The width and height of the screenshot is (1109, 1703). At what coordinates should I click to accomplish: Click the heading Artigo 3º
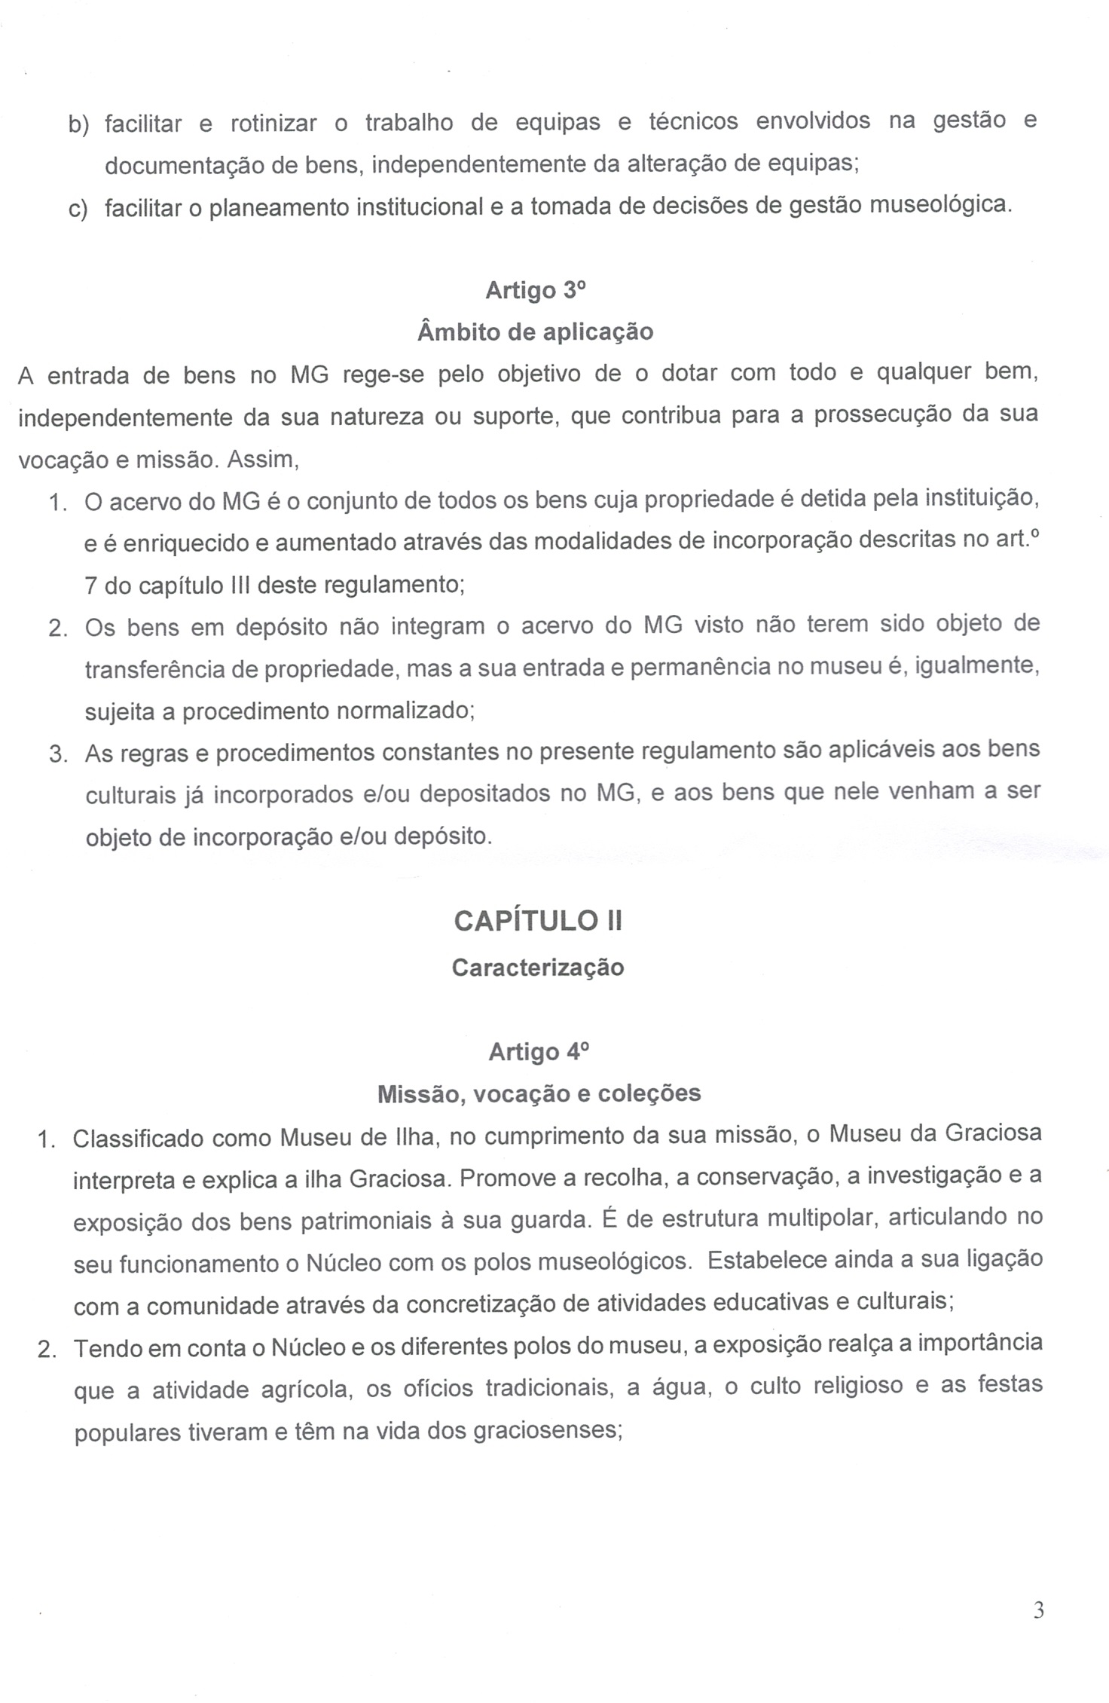534,290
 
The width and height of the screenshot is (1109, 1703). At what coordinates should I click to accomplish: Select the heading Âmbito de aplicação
535,332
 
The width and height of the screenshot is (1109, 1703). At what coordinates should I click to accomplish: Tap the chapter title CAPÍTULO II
538,921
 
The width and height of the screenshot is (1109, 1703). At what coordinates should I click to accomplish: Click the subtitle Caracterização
538,968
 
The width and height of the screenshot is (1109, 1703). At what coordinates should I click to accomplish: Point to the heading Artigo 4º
537,1052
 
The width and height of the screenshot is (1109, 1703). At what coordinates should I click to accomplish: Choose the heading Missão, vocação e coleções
539,1093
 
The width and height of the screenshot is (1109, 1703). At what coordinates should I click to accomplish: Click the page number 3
1039,1610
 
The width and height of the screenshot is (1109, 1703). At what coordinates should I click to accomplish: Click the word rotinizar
273,124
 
